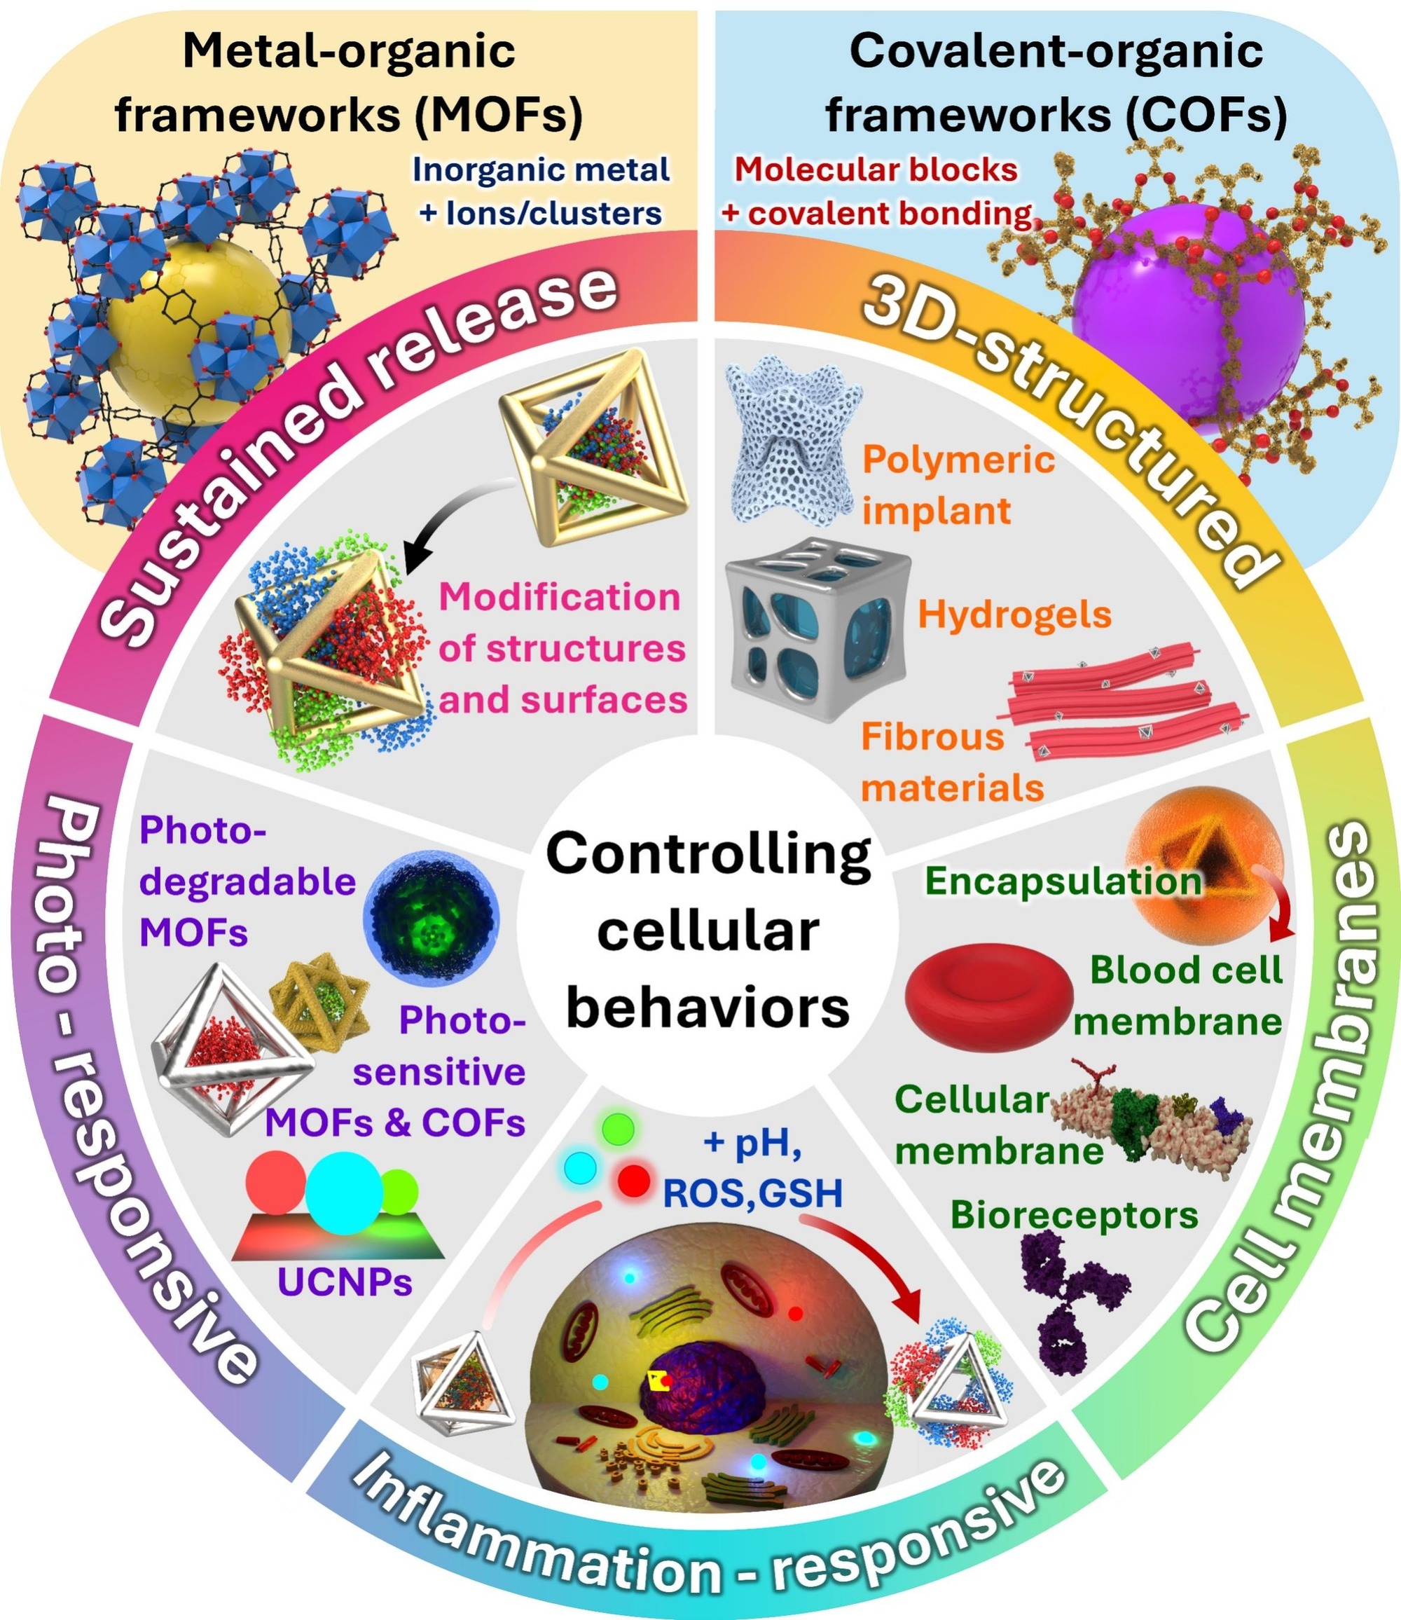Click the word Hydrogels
click(1014, 615)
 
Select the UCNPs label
click(345, 1282)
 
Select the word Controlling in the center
click(708, 853)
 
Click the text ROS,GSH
click(752, 1194)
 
